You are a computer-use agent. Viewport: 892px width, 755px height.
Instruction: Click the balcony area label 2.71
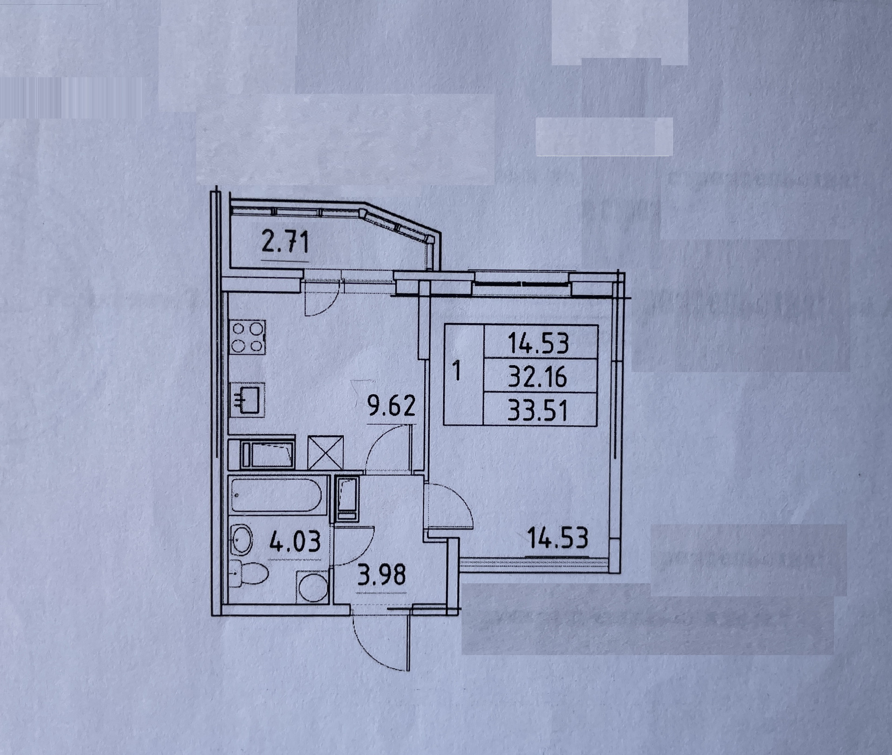285,243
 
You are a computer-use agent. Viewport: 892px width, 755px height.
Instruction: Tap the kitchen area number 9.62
390,408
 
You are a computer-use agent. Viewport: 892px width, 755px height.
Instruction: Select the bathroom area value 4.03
295,542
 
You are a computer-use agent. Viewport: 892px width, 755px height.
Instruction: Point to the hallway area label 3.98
381,576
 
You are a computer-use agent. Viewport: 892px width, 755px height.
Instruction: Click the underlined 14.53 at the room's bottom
557,539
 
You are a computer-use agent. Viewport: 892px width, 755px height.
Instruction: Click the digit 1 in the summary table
457,373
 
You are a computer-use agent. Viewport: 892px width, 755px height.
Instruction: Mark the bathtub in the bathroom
277,495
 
